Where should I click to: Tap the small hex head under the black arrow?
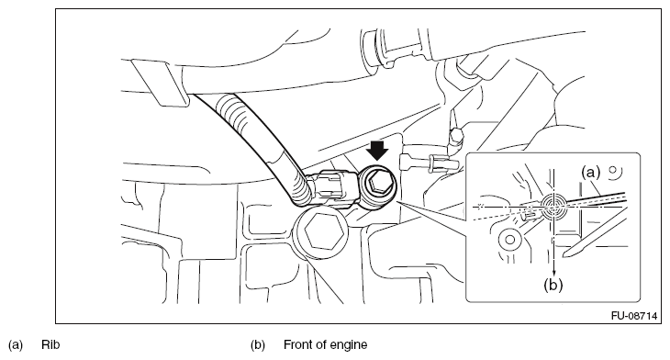[378, 184]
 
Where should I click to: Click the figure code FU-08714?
[633, 316]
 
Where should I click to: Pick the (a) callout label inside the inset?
[590, 173]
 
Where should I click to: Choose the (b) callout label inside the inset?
[553, 285]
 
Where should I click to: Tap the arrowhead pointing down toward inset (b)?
[553, 273]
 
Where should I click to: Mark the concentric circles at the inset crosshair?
[553, 206]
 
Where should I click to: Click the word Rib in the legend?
[50, 344]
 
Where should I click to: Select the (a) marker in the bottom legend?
[16, 344]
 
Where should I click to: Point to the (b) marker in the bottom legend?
[258, 344]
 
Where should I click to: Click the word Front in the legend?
[297, 344]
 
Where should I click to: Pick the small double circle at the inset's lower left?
[509, 240]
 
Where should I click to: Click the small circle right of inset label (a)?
[614, 171]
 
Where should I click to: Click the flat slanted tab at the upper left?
[160, 83]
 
